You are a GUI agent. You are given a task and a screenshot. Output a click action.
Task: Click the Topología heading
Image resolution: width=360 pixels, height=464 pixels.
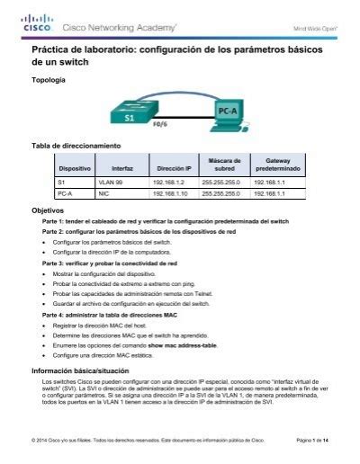(48, 80)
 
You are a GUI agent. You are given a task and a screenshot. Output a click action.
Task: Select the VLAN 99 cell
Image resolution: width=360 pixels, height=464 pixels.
(110, 182)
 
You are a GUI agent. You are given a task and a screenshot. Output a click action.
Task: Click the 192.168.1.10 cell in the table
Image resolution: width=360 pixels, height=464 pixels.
(166, 192)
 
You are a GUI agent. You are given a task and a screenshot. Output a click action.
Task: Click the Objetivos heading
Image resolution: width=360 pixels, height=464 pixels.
(48, 210)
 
